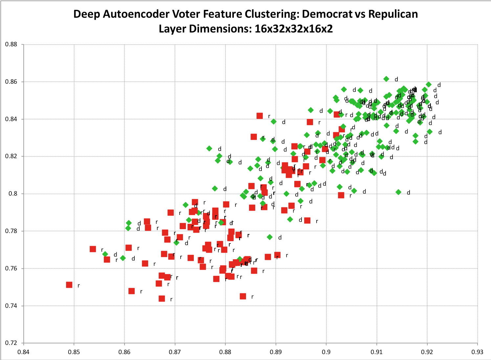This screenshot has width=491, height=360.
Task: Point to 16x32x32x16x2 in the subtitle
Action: point(294,29)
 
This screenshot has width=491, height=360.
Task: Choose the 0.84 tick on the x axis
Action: point(23,352)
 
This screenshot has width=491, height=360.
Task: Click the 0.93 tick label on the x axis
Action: point(478,352)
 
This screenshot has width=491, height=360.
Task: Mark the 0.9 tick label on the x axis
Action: point(326,352)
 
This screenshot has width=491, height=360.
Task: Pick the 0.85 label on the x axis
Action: point(74,352)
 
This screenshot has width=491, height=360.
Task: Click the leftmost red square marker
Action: point(69,285)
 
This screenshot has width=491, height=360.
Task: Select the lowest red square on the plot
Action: point(162,298)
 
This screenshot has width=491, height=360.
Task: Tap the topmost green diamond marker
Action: point(386,79)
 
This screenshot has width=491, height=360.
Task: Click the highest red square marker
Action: point(259,116)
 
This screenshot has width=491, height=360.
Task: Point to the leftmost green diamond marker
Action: point(105,254)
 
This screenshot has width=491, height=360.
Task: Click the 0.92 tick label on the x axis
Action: point(427,352)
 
